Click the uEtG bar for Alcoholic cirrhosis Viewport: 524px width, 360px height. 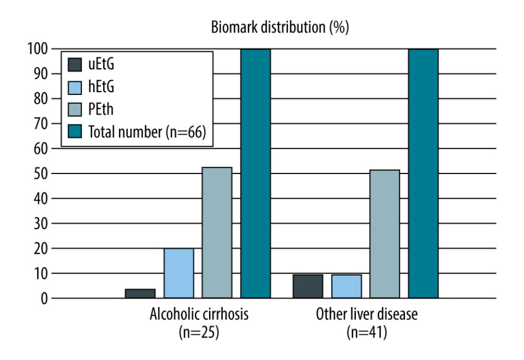(140, 293)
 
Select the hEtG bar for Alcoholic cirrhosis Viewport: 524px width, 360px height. (179, 273)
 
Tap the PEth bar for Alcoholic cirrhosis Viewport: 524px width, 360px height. (217, 233)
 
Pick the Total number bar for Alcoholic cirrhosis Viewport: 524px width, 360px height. (256, 173)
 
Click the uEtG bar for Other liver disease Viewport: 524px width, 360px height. (308, 287)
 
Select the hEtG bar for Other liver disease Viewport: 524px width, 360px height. (346, 287)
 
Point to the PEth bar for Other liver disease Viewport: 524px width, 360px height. (385, 234)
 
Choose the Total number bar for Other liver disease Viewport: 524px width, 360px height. (423, 173)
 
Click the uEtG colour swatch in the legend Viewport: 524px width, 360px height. (74, 65)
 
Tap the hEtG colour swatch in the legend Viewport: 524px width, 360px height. (74, 88)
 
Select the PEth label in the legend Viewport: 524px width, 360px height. (101, 110)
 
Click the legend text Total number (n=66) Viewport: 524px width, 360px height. (147, 132)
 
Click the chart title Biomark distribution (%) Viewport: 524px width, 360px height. (280, 27)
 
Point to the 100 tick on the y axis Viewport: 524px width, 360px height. (38, 49)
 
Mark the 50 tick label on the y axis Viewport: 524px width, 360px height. (41, 174)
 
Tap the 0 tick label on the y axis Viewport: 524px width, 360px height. (45, 299)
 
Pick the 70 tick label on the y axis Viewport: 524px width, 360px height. (41, 124)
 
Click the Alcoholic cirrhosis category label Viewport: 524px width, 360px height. (199, 314)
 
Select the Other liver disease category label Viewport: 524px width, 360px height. (367, 314)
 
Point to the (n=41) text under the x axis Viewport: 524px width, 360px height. (367, 332)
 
